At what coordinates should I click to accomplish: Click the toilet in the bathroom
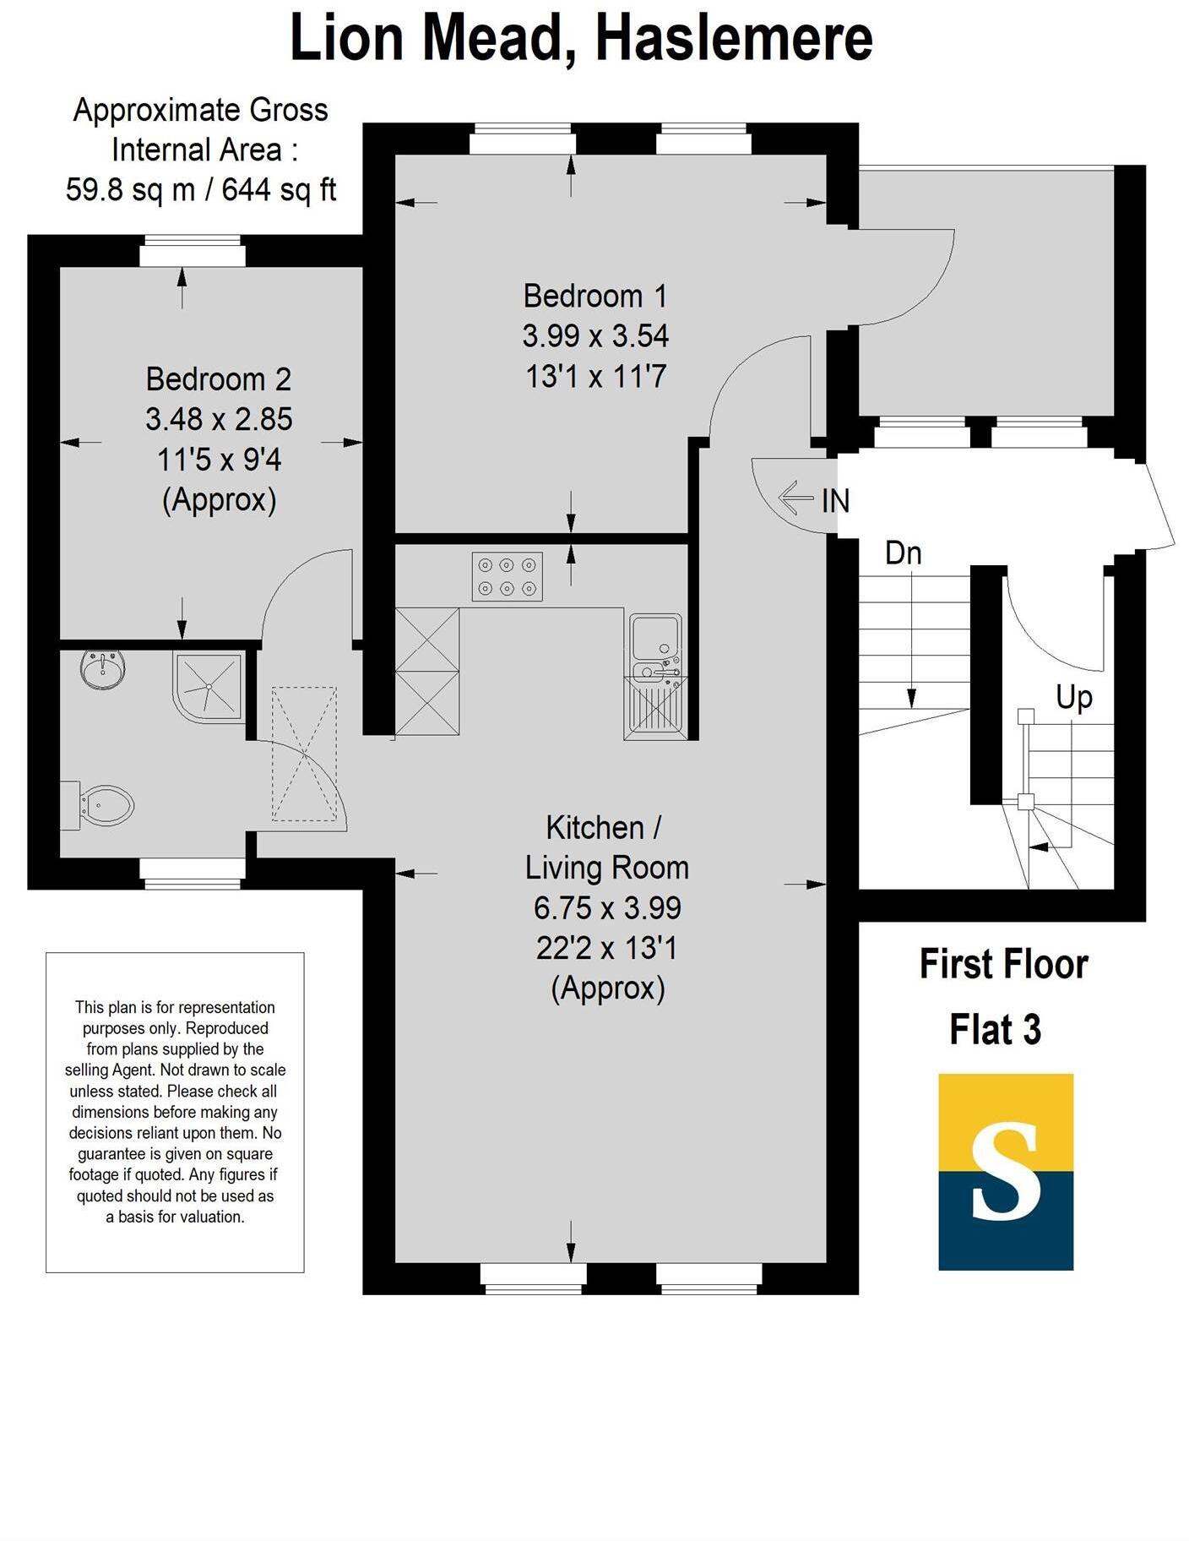[x=102, y=805]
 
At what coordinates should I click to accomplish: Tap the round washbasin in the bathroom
[x=104, y=668]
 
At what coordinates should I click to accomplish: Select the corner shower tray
[x=208, y=686]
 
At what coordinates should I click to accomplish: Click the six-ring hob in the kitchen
[x=507, y=576]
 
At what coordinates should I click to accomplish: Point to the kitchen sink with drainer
[x=655, y=676]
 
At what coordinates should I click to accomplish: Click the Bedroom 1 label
[x=595, y=297]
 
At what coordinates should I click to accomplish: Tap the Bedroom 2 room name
[x=218, y=379]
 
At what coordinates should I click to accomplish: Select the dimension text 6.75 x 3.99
[x=606, y=908]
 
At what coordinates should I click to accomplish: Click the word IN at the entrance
[x=835, y=501]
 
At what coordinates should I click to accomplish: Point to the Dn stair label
[x=903, y=553]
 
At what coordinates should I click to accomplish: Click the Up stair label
[x=1073, y=698]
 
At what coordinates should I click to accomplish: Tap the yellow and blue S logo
[x=1005, y=1172]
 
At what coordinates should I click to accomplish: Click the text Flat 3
[x=995, y=1030]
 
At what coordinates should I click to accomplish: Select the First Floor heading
[x=1003, y=965]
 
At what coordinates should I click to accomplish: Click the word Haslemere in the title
[x=733, y=39]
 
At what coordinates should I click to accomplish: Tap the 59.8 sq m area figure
[x=130, y=190]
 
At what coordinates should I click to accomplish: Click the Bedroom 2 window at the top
[x=193, y=253]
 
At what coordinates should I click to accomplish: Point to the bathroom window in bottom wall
[x=193, y=873]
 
